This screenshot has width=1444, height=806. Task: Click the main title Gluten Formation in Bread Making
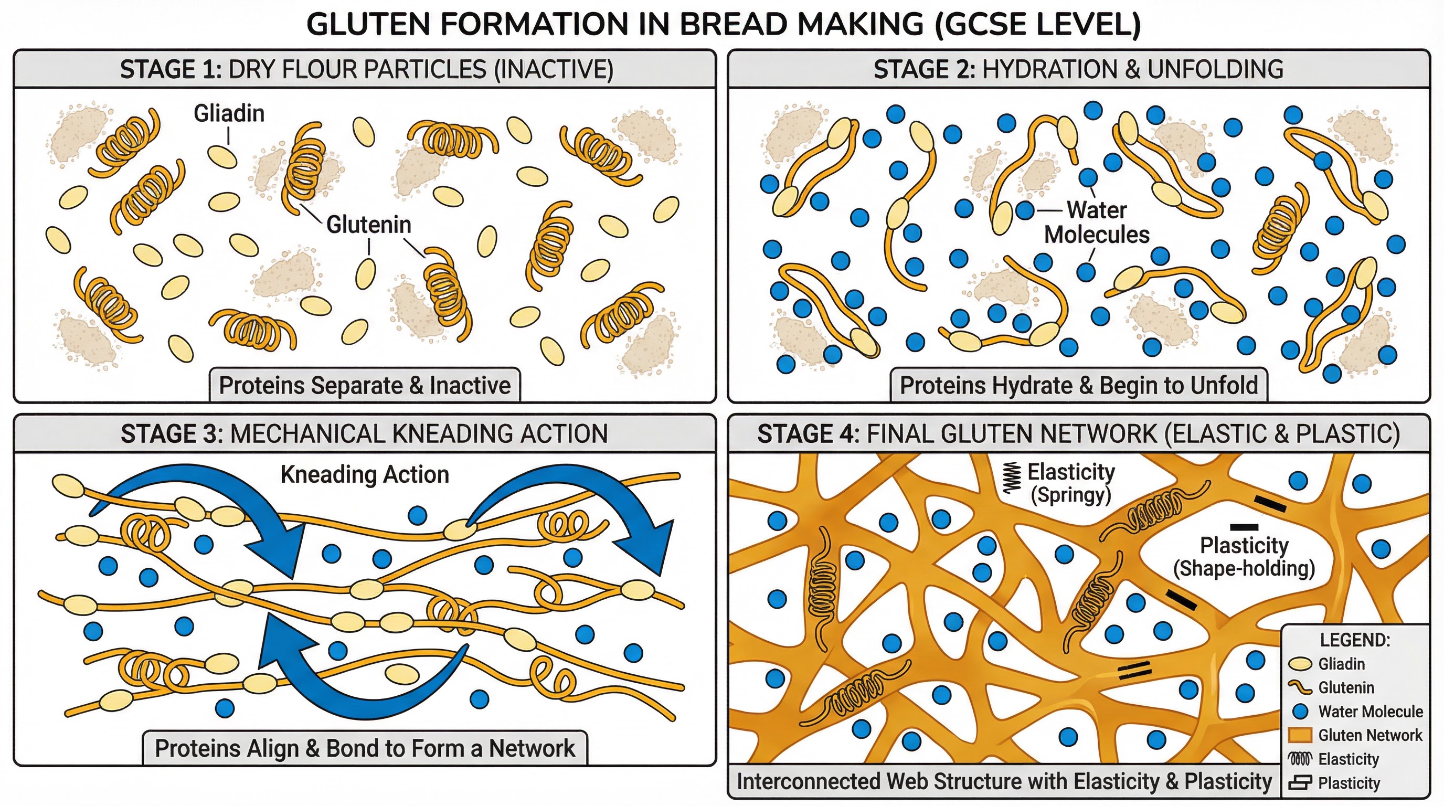[723, 25]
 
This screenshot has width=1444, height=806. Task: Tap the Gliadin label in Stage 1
[229, 114]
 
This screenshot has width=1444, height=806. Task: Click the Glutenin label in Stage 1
[369, 225]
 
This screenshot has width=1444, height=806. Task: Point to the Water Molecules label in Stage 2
[1096, 222]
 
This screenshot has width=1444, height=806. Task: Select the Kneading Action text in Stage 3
[364, 475]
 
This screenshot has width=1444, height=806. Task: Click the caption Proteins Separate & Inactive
[364, 386]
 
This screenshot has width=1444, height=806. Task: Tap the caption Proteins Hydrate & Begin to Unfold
[1078, 386]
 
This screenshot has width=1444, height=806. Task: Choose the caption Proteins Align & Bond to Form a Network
[364, 748]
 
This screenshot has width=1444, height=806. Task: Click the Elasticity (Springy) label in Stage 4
[1070, 483]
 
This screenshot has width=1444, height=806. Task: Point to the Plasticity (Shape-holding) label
[1244, 557]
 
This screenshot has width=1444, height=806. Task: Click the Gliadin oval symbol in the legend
[1301, 664]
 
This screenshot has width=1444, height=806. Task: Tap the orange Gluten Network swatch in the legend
[1301, 735]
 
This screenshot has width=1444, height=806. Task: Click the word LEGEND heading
[1355, 640]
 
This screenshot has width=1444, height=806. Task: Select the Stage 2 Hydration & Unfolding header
[1078, 69]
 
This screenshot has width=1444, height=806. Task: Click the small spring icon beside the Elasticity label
[1011, 478]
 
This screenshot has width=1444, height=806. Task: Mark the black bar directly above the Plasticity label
[1244, 527]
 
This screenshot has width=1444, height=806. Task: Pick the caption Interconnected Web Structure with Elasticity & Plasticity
[1004, 781]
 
